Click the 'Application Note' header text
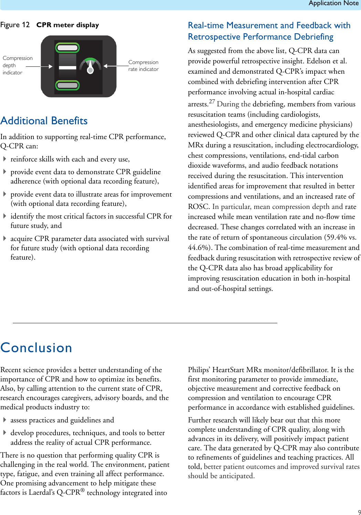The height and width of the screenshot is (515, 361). (x=333, y=3)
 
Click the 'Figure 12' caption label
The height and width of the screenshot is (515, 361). (x=15, y=25)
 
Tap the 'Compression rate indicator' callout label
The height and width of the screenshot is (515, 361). (x=143, y=65)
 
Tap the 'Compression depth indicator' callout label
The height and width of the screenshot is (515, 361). (x=17, y=65)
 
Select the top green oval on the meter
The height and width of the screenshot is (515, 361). (x=68, y=48)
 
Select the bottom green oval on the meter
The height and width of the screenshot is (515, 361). (x=68, y=85)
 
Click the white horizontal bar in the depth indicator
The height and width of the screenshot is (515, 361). (x=67, y=67)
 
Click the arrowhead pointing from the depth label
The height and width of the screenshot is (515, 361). (x=51, y=66)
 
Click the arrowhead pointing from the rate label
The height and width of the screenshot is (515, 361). (x=105, y=66)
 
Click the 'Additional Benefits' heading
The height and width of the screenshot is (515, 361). (x=44, y=121)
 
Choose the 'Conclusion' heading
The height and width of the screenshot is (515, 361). (x=36, y=348)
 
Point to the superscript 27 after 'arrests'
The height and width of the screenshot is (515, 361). (x=212, y=102)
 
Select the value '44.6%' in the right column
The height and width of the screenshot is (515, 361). (x=198, y=248)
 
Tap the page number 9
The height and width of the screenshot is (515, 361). (x=359, y=512)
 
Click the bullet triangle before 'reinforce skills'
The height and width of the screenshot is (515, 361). (x=5, y=159)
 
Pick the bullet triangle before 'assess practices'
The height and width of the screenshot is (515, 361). (x=5, y=420)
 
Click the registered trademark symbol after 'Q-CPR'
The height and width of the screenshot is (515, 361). (x=83, y=490)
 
